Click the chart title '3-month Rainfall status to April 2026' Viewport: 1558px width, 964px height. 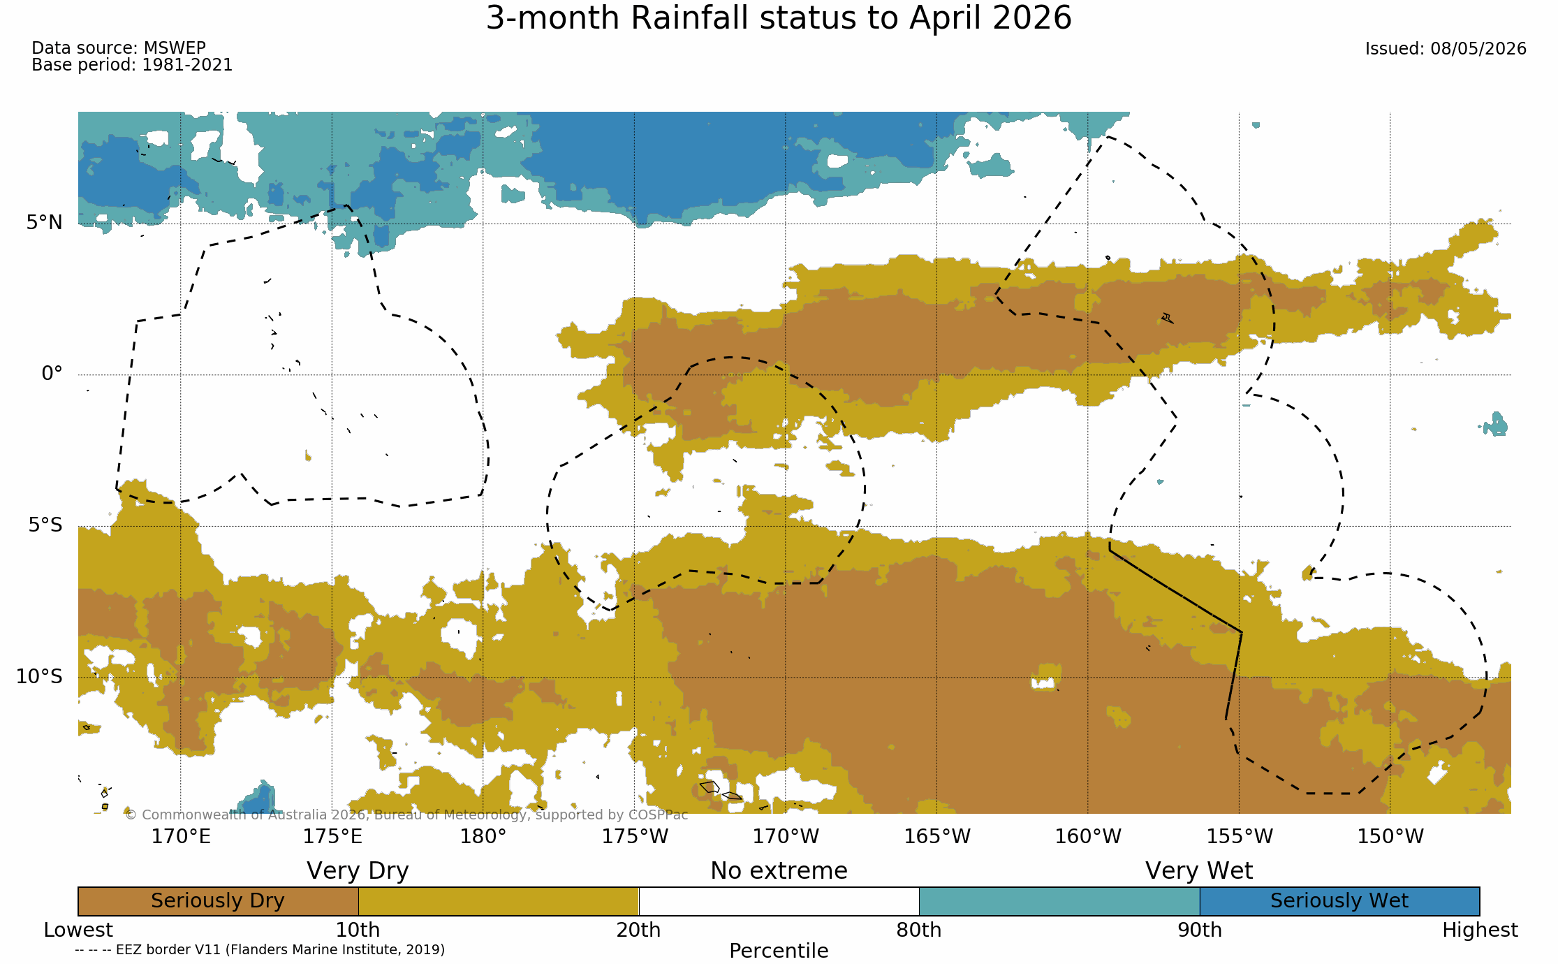[779, 18]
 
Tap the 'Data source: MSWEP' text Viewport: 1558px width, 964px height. [119, 48]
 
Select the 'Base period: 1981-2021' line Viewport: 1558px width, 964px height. [132, 65]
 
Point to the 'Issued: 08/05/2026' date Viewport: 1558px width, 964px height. [1446, 49]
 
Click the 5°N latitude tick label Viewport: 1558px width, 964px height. [45, 223]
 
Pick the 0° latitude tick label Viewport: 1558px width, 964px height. [52, 374]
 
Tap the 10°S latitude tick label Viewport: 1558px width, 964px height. [39, 676]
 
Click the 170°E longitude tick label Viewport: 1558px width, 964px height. [181, 836]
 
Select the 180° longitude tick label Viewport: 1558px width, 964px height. [483, 836]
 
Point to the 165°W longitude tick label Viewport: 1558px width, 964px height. [937, 836]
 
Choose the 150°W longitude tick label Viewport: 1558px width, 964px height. [1390, 836]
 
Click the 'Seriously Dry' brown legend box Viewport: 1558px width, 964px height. [218, 901]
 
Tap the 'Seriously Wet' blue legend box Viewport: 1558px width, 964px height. [1339, 901]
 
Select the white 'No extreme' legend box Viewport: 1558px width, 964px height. [779, 901]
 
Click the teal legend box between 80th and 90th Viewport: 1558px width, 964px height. [1059, 901]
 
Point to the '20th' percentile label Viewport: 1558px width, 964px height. [638, 930]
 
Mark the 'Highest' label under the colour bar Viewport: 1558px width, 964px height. [1480, 930]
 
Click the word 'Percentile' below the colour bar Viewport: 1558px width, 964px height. [779, 951]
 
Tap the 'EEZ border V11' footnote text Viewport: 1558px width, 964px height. [259, 950]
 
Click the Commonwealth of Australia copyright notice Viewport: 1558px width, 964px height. [406, 815]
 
